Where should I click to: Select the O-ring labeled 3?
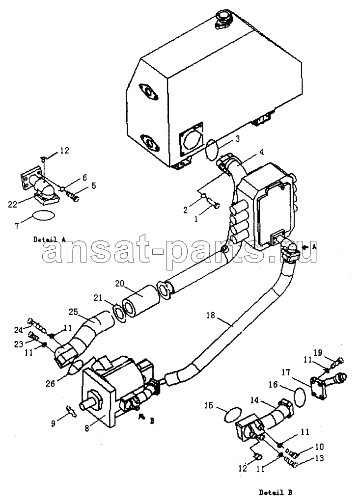point(212,147)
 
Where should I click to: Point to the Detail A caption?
point(50,239)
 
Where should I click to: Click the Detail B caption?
point(275,492)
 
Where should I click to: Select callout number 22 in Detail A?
point(13,205)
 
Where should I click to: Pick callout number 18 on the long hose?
point(210,315)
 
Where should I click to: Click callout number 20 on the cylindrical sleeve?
point(119,284)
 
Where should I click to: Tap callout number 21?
point(98,298)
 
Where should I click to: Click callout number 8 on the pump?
point(87,428)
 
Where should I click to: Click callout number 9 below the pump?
point(54,423)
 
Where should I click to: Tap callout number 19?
point(317,352)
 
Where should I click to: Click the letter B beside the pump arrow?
point(152,421)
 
